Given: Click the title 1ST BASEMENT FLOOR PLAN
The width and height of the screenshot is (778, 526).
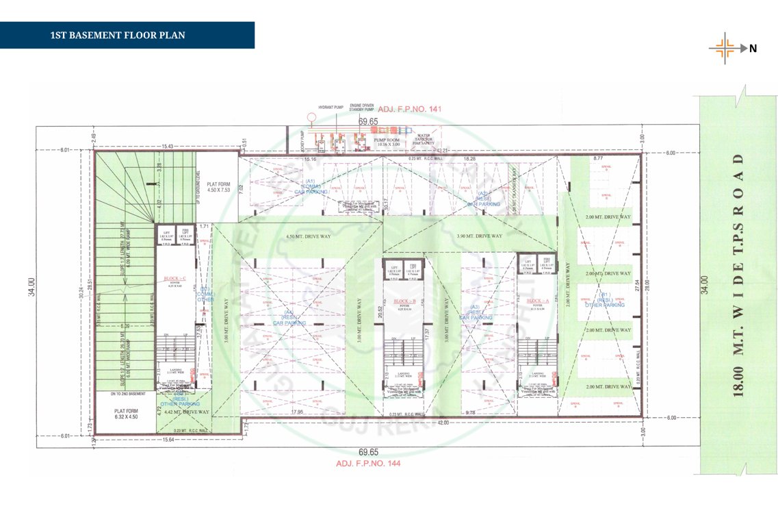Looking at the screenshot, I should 118,35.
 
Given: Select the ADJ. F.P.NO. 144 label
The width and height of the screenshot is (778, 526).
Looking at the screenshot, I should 367,464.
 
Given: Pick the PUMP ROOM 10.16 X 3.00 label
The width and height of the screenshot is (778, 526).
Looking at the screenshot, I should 387,142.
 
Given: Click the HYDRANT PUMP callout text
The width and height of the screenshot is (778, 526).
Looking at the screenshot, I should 329,108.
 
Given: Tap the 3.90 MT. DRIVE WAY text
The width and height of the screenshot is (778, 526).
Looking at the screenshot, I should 479,236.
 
